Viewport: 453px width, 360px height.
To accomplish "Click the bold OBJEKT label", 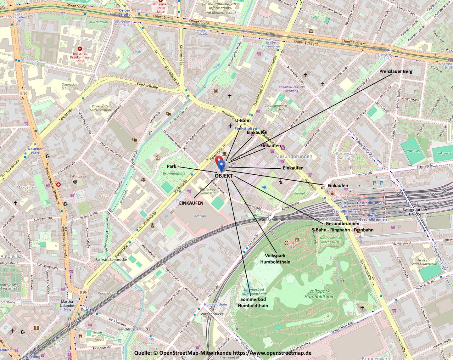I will coord(224,176).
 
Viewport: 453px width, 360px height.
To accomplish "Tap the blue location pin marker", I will coord(221,165).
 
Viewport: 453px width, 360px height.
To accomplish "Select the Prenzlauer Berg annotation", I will coord(395,71).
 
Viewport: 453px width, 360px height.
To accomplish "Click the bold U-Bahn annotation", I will coord(243,121).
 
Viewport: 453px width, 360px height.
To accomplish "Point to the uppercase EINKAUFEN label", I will coord(191,203).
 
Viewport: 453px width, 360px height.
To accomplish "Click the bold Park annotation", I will coord(171,166).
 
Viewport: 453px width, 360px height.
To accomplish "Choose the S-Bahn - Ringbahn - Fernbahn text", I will coord(343,230).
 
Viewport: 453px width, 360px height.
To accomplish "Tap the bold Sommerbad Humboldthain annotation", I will coord(253,302).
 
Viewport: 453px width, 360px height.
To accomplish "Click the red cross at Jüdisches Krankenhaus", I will coord(80,49).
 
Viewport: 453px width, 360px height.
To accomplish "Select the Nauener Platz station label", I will coord(35,151).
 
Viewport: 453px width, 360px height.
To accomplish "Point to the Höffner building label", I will coord(200,216).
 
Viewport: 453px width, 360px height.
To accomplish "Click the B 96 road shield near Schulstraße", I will coord(24,93).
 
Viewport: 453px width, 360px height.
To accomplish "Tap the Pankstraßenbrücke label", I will coord(111,260).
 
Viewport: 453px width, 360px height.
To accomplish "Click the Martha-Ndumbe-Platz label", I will coord(67,306).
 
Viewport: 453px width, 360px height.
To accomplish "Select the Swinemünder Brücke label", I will coord(415,212).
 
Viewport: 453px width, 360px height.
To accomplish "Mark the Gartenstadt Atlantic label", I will coord(346,156).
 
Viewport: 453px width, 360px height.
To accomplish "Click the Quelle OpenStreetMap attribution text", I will coord(223,353).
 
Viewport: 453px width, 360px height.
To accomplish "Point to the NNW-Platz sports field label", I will coord(413,151).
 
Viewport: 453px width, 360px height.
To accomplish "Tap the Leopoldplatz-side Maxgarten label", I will coord(26,187).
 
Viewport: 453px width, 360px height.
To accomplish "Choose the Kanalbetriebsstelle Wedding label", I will coord(292,89).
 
